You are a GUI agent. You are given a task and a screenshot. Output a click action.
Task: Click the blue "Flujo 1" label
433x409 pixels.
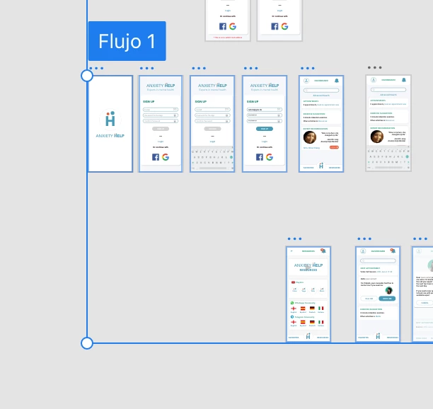click(x=127, y=41)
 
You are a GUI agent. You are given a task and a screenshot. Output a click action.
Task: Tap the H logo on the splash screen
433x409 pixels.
click(x=110, y=119)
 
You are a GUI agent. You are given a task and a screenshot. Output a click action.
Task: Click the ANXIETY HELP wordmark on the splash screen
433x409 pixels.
click(x=110, y=134)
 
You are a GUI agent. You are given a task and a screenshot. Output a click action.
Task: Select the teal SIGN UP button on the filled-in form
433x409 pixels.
click(x=264, y=129)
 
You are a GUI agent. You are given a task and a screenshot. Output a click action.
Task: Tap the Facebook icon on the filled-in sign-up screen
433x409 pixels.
click(x=259, y=157)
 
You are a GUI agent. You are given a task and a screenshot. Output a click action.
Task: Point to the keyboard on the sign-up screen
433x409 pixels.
click(x=212, y=158)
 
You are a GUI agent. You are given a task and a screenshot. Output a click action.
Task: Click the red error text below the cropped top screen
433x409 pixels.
click(x=229, y=38)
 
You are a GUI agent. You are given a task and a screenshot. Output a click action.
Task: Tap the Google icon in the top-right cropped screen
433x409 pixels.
click(x=284, y=26)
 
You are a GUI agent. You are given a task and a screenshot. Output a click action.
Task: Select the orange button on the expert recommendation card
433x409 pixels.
click(x=334, y=146)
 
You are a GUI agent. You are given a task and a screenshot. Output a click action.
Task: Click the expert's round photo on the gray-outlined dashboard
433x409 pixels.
click(x=377, y=137)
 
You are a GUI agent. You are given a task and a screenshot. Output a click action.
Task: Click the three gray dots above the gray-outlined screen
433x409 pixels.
click(x=374, y=68)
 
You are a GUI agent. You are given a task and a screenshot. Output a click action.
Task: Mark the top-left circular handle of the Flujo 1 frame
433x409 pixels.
click(x=87, y=76)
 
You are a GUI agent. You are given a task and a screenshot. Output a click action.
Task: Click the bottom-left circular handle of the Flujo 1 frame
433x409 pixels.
click(x=87, y=343)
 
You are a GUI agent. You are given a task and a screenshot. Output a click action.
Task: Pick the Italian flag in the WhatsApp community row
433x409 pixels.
click(x=321, y=309)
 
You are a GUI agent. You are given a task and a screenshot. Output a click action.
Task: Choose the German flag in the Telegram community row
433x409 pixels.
click(x=312, y=322)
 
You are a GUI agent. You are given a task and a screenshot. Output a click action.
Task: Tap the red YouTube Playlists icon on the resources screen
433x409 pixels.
click(x=293, y=282)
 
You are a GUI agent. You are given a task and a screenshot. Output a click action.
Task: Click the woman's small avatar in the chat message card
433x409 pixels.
click(x=388, y=290)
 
